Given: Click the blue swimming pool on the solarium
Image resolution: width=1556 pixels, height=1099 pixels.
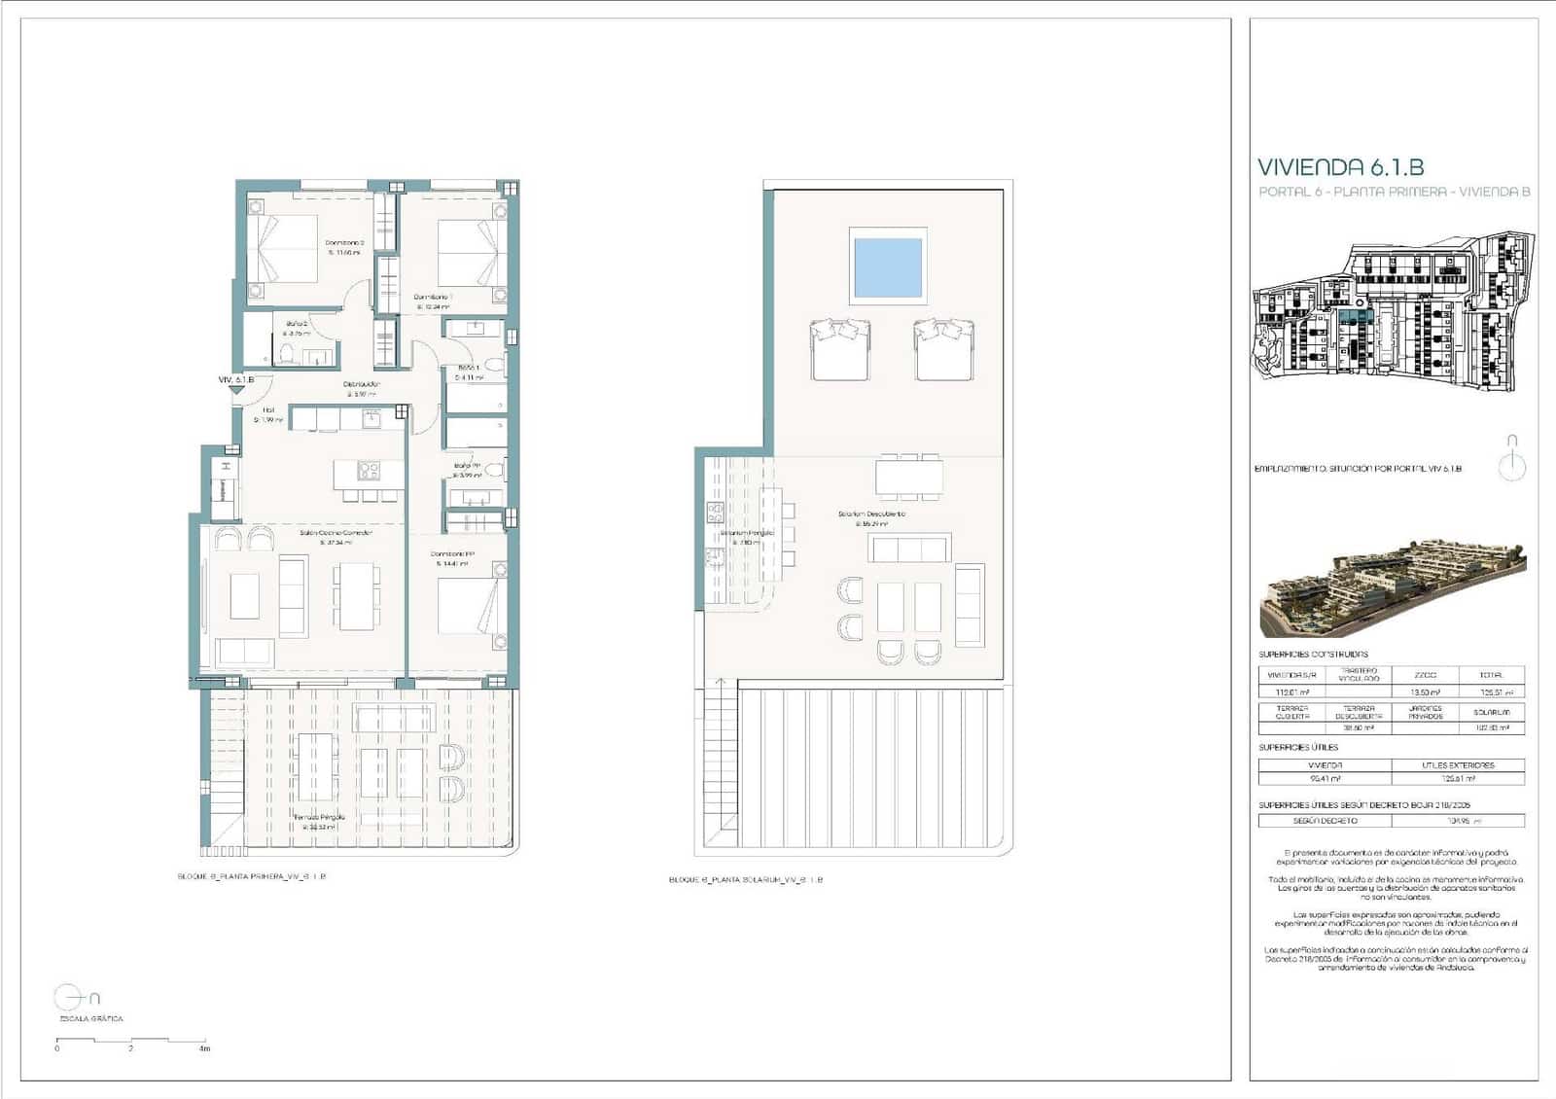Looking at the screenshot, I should click(887, 267).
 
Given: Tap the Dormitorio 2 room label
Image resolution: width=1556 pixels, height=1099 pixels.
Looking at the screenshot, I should click(344, 243).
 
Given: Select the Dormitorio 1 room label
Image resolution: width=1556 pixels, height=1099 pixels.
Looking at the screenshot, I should click(433, 297).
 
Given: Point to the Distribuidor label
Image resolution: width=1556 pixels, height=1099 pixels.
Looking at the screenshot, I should click(361, 384).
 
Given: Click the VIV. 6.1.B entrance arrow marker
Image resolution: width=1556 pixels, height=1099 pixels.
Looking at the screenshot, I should click(236, 388).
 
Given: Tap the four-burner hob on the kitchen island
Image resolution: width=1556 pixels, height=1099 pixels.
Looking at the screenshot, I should click(369, 471).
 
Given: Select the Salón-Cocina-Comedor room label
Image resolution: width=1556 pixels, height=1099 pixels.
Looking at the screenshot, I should click(336, 533).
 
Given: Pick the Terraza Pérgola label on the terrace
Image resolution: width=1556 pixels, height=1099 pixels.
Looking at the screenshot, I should click(320, 818).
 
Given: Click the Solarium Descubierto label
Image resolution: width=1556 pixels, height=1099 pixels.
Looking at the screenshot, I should click(871, 514).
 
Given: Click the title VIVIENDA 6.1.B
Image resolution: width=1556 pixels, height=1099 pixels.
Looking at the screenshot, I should click(1340, 167).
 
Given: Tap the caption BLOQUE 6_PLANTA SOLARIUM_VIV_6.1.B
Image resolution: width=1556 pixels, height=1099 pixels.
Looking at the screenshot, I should click(745, 879).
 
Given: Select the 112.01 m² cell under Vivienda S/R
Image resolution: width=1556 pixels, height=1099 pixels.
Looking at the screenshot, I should click(1291, 692).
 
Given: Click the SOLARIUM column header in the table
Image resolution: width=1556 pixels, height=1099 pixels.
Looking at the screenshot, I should click(1492, 713).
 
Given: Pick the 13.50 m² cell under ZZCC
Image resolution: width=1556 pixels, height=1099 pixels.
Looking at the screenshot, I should click(1425, 692).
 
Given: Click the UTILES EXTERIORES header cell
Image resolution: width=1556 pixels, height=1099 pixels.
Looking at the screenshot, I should click(1457, 765).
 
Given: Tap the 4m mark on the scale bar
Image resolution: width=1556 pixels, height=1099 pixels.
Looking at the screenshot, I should click(204, 1048).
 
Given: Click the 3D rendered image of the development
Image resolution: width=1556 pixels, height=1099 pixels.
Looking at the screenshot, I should click(1392, 585).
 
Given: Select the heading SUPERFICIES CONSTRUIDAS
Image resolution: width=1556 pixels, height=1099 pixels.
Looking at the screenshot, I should click(1313, 655).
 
